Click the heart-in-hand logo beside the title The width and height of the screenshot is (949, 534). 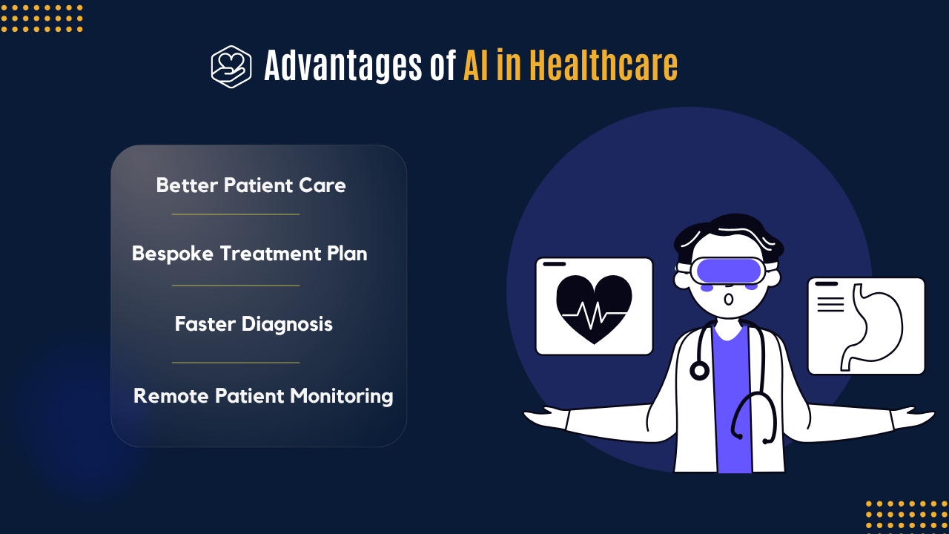pyautogui.click(x=231, y=67)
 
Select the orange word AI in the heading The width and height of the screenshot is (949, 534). pyautogui.click(x=476, y=66)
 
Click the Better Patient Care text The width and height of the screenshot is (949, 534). pyautogui.click(x=251, y=185)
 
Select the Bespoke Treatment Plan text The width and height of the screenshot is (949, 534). pyautogui.click(x=249, y=254)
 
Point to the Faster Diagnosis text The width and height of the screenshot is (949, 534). pyautogui.click(x=254, y=324)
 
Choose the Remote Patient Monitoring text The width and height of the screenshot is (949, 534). pyautogui.click(x=263, y=395)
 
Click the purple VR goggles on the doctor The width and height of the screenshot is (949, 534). pyautogui.click(x=728, y=271)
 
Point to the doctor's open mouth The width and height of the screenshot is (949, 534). pyautogui.click(x=729, y=299)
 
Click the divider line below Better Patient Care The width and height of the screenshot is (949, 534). pyautogui.click(x=236, y=214)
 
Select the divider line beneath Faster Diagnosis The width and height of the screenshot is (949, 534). pyautogui.click(x=236, y=363)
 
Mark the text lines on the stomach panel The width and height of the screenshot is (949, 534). pyautogui.click(x=830, y=304)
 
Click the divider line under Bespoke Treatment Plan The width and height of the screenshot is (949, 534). pyautogui.click(x=236, y=285)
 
